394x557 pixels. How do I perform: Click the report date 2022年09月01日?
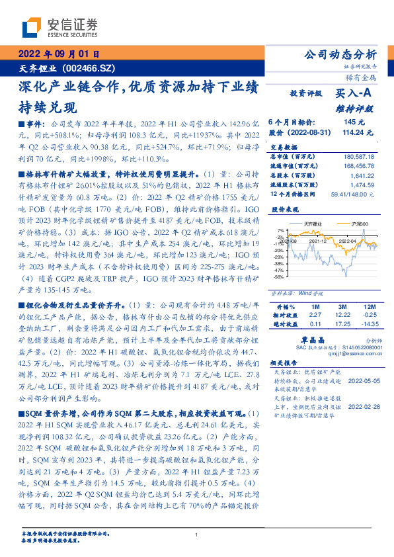click(x=58, y=54)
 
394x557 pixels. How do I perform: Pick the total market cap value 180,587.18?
click(x=358, y=157)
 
